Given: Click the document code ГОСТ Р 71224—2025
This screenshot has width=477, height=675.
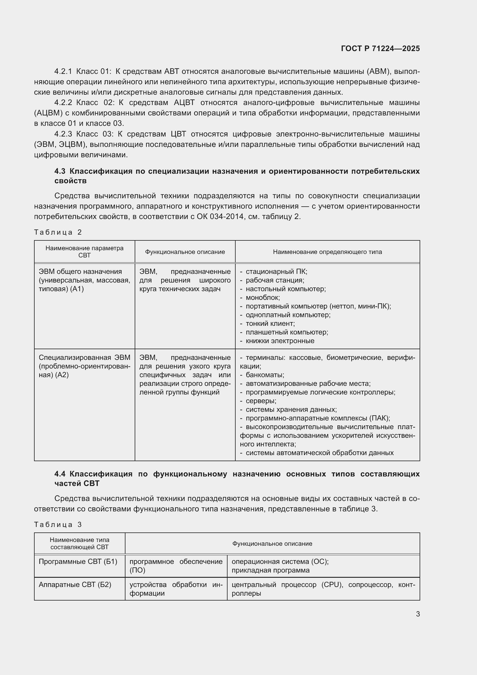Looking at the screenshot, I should click(380, 48).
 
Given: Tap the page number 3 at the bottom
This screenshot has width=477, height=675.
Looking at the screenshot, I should click(418, 614).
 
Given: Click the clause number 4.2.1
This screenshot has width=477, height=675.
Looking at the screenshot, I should click(63, 72).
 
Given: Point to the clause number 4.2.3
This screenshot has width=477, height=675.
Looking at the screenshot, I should click(63, 134).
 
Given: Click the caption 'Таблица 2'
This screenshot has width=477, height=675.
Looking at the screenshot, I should click(58, 232).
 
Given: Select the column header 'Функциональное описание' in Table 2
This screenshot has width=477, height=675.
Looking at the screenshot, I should click(185, 252).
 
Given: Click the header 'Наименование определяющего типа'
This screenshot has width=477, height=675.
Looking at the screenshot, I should click(327, 252).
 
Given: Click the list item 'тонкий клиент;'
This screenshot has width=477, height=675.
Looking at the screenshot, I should click(270, 324).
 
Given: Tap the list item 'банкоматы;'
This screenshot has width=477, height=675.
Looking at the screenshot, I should click(265, 375).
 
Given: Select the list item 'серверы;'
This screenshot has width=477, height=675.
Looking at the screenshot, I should click(261, 401).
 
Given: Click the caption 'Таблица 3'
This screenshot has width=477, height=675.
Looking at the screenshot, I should click(58, 524).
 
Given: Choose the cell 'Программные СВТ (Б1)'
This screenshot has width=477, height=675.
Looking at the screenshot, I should click(78, 562).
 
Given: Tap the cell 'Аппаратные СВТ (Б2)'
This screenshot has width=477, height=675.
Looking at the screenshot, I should click(75, 584).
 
